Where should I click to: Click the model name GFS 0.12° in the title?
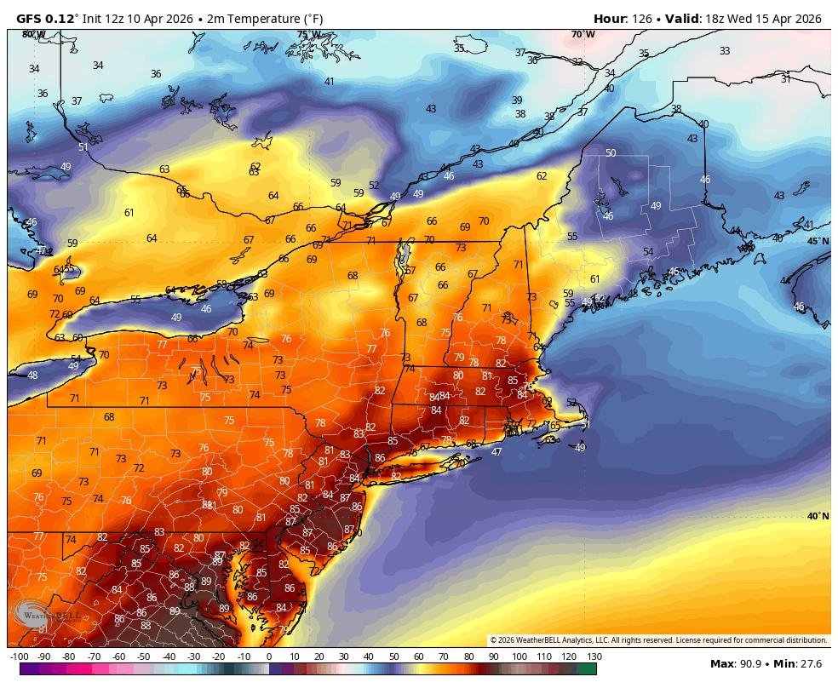[x=48, y=19]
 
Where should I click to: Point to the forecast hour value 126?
[x=642, y=19]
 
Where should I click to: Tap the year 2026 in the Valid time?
[x=804, y=19]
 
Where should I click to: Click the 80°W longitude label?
[x=33, y=34]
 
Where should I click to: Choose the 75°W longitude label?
[x=309, y=35]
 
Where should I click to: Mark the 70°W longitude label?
[x=583, y=34]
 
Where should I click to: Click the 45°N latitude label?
[x=818, y=241]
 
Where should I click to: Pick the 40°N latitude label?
[x=818, y=516]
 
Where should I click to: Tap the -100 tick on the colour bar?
[x=19, y=656]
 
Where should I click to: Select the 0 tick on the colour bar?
[x=269, y=656]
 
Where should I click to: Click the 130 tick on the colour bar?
[x=594, y=656]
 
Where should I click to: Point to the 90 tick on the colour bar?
[x=494, y=656]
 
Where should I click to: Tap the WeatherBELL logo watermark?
[x=47, y=613]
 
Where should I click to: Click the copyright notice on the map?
[x=658, y=640]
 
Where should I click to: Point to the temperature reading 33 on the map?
[x=725, y=51]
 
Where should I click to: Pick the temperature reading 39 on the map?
[x=517, y=100]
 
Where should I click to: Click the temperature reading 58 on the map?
[x=221, y=284]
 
